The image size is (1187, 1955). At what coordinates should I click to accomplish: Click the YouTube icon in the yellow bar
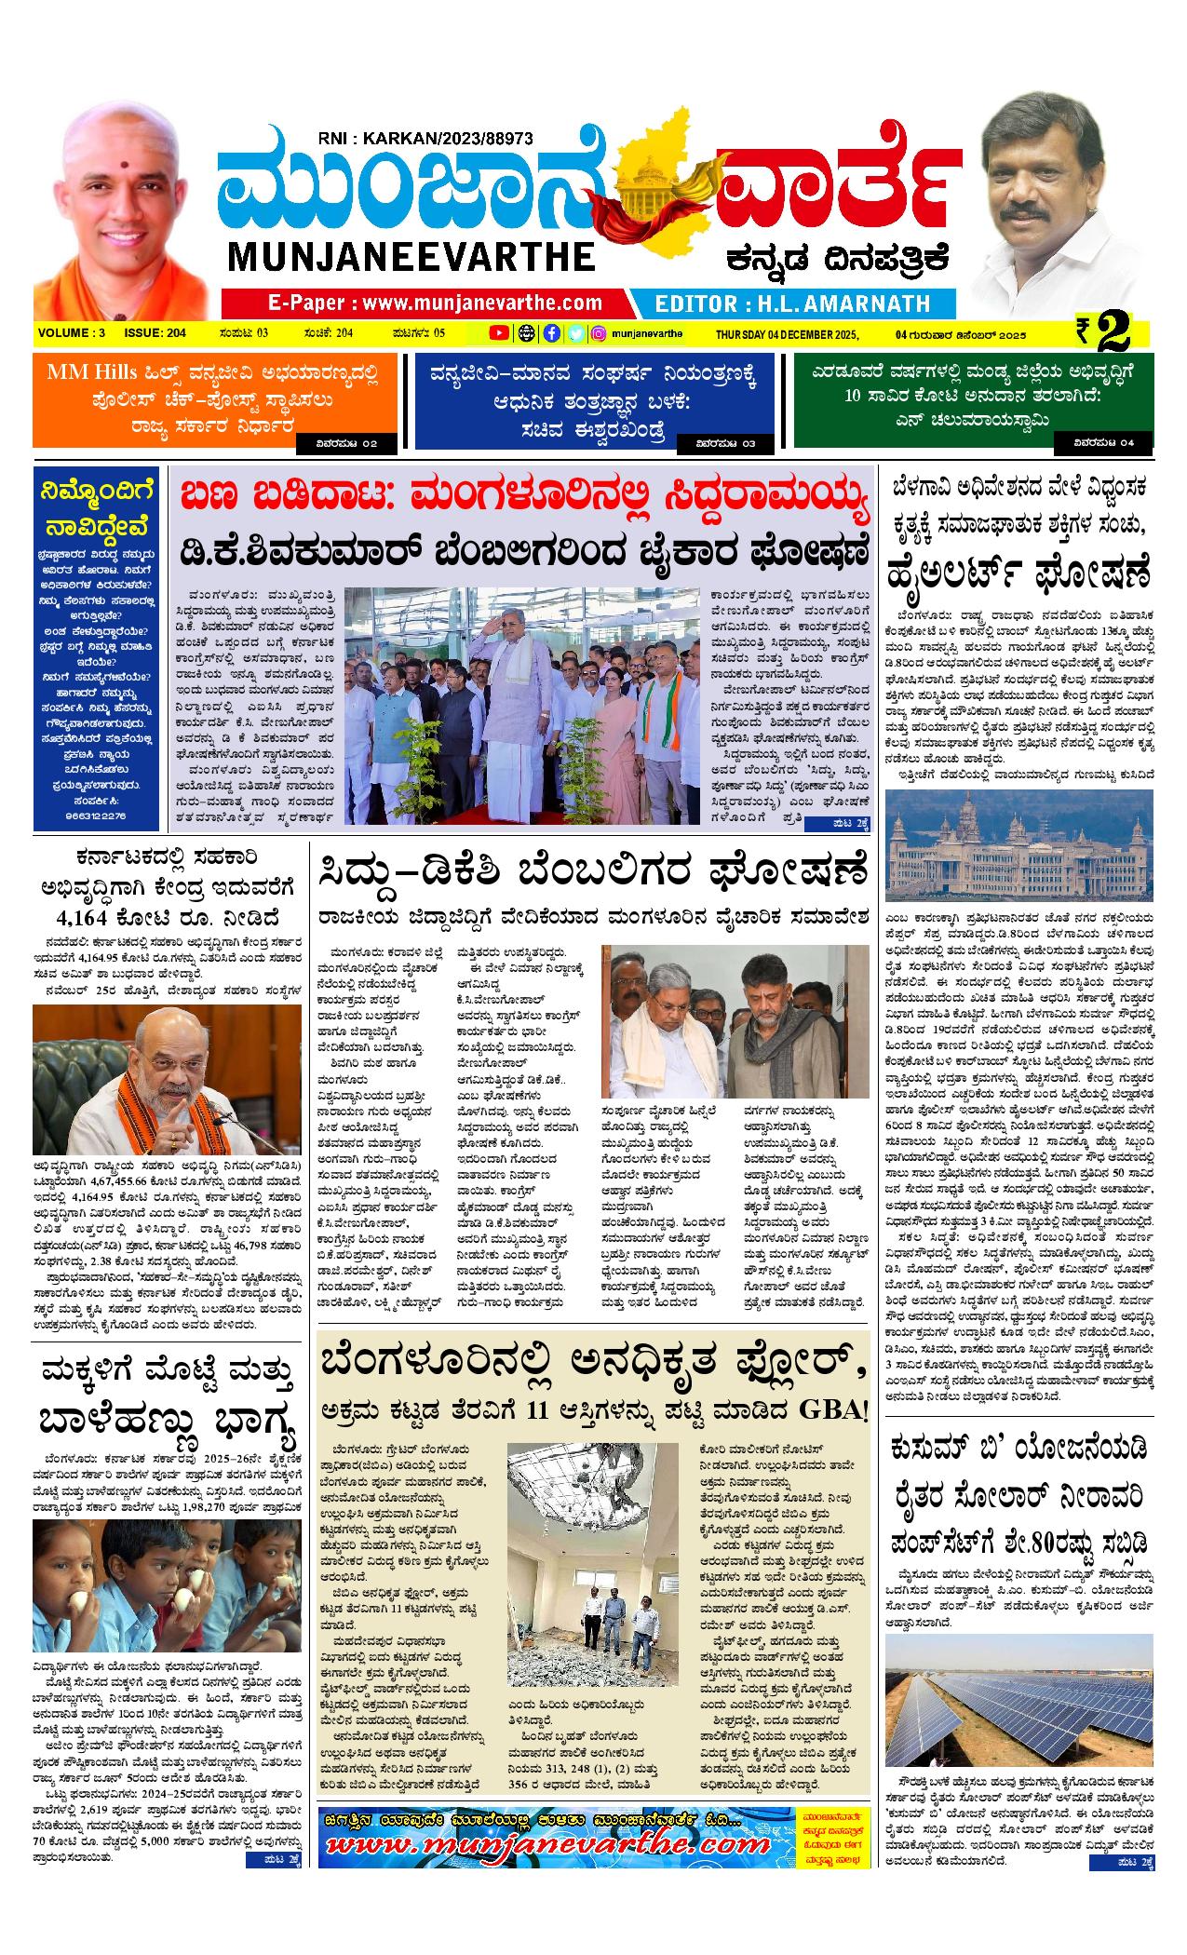tap(499, 333)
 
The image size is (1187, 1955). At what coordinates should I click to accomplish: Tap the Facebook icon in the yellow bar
tap(551, 333)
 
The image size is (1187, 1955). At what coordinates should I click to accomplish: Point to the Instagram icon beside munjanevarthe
tap(600, 333)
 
